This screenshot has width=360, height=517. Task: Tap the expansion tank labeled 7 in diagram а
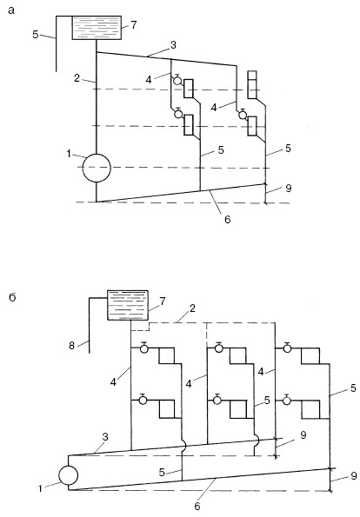[x=97, y=28]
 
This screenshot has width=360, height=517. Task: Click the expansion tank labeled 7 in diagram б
[x=128, y=305]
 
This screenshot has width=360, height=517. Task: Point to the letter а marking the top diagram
[x=11, y=11]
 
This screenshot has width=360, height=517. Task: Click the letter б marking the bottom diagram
[x=12, y=298]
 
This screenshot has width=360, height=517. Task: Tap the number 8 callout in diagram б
[x=71, y=346]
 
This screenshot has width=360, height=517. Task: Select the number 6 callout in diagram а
[x=228, y=219]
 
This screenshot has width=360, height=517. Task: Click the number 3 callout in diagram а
[x=173, y=45]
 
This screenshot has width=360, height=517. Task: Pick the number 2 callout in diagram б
[x=192, y=308]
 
